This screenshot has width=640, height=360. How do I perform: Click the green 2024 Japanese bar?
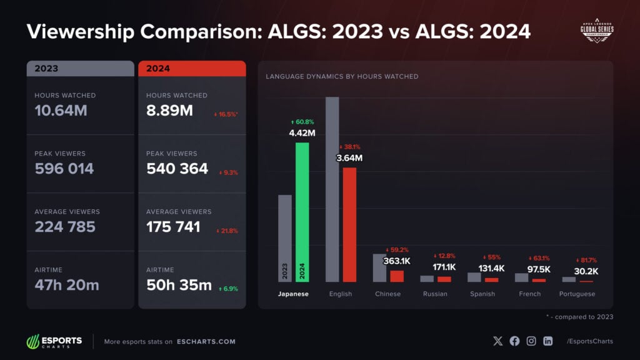[x=302, y=212]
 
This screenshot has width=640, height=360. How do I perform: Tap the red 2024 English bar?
[x=349, y=224]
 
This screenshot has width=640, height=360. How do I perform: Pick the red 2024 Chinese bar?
[x=397, y=276]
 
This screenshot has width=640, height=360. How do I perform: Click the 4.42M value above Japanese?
[x=302, y=132]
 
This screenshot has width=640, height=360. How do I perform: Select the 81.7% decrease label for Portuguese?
[x=586, y=260]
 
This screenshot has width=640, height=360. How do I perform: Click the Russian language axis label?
[x=435, y=294]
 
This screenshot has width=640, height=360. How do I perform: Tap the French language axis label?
[x=530, y=294]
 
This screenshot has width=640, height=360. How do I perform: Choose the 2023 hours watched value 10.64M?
[x=61, y=111]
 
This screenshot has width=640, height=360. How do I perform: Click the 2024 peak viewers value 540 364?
[x=177, y=169]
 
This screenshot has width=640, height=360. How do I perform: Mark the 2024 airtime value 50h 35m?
[x=178, y=285]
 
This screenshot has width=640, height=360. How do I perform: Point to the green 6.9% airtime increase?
[x=228, y=289]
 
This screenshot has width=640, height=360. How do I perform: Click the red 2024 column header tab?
[x=192, y=69]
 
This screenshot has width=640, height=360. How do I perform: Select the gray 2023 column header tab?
[x=80, y=69]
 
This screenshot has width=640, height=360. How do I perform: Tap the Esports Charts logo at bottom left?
[x=54, y=342]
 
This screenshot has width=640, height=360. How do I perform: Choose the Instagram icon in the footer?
[x=531, y=341]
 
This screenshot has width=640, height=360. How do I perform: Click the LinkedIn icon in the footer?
[x=548, y=341]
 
